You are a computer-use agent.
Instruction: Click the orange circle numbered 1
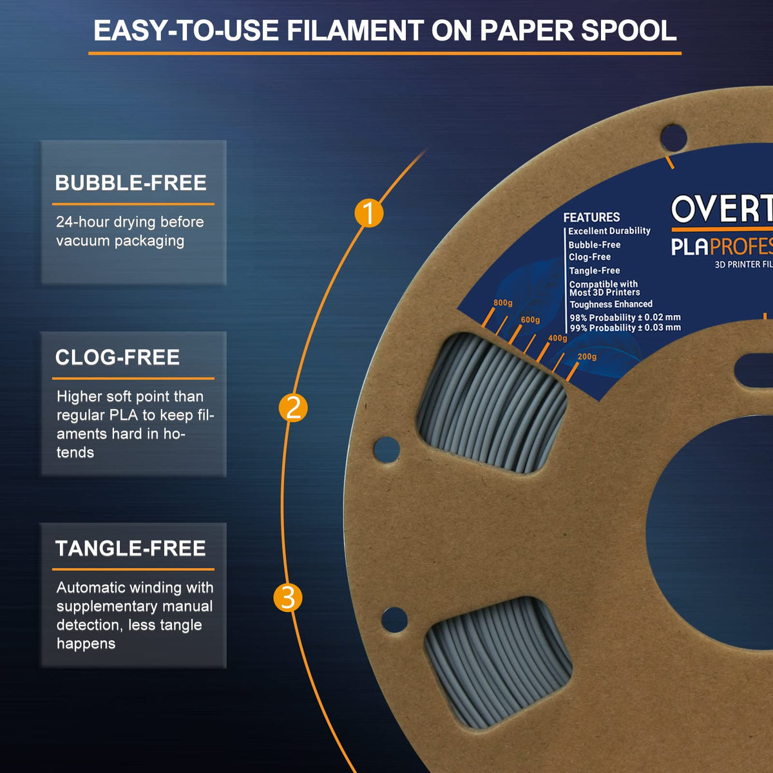[x=368, y=213]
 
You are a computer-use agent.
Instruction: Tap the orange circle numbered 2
[x=293, y=408]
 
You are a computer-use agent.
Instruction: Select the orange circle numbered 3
[x=288, y=598]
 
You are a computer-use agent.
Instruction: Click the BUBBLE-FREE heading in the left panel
[x=131, y=183]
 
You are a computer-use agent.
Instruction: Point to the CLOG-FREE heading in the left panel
[x=117, y=358]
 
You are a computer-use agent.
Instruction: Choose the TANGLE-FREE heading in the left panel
[x=131, y=549]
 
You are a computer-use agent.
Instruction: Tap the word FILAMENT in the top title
[x=355, y=31]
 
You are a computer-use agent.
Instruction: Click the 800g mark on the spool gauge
[x=503, y=303]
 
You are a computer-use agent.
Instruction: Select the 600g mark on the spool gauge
[x=530, y=320]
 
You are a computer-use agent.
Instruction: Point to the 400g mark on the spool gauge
[x=557, y=338]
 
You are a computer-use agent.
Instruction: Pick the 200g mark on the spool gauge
[x=587, y=357]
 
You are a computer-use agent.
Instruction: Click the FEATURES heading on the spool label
[x=591, y=218]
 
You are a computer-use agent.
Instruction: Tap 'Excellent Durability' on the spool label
[x=609, y=231]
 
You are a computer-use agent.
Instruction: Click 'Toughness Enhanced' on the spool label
[x=611, y=304]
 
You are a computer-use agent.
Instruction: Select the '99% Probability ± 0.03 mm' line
[x=625, y=328]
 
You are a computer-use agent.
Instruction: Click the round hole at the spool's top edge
[x=673, y=137]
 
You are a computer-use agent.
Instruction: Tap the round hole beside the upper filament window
[x=386, y=450]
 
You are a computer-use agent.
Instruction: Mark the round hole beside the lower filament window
[x=394, y=619]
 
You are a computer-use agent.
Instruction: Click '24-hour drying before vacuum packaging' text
[x=129, y=231]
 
